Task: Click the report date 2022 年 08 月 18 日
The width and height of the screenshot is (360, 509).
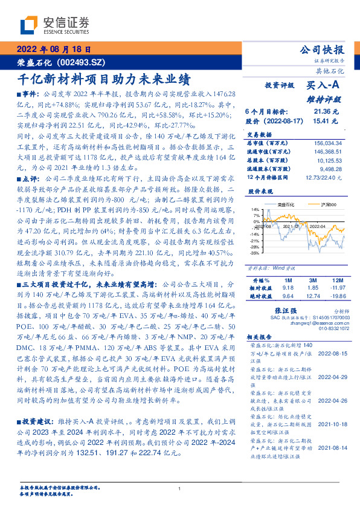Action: [x=53, y=50]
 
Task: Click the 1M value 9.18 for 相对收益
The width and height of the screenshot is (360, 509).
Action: [x=288, y=288]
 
